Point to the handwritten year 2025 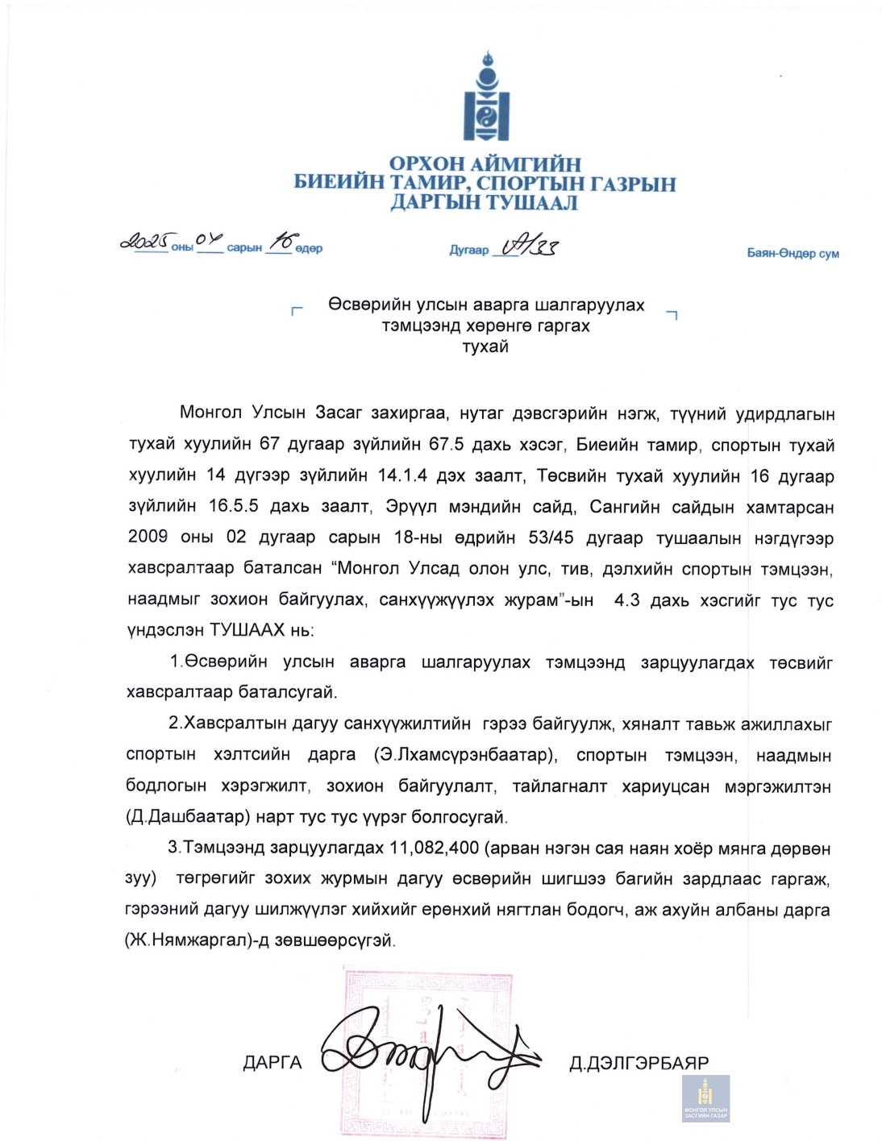[144, 241]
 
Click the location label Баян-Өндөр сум [793, 253]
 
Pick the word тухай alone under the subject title [485, 347]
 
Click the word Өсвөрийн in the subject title [367, 305]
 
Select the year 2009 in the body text [148, 537]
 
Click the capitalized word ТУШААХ [247, 630]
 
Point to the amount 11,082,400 [434, 848]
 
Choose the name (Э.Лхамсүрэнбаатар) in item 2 [465, 755]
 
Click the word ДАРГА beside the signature [273, 1063]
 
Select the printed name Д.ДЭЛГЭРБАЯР [639, 1064]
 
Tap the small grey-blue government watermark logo [705, 1098]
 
